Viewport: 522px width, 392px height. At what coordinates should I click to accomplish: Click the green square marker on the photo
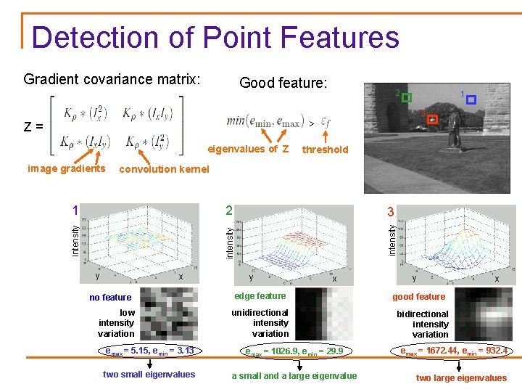(406, 98)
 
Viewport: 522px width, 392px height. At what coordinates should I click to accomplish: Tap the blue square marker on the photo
(471, 100)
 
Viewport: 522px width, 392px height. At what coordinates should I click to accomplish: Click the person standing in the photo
(454, 132)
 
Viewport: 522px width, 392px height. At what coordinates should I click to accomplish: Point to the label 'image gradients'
(66, 169)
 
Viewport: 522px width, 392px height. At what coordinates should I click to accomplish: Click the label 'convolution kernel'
(163, 169)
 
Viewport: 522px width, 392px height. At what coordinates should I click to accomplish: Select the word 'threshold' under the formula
(326, 150)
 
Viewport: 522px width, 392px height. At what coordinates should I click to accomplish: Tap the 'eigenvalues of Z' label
(249, 149)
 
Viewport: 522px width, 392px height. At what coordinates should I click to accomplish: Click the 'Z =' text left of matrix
(33, 126)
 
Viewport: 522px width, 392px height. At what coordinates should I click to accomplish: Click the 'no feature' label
(110, 297)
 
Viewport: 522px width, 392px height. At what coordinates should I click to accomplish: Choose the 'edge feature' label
(260, 296)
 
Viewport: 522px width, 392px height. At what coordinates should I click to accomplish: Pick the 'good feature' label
(419, 296)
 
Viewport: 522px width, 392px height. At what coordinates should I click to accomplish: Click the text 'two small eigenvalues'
(149, 375)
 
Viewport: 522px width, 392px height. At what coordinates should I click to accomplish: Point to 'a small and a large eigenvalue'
(294, 375)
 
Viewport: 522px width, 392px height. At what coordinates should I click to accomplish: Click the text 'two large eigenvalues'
(461, 377)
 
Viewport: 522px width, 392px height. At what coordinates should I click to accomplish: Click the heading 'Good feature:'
(283, 83)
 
